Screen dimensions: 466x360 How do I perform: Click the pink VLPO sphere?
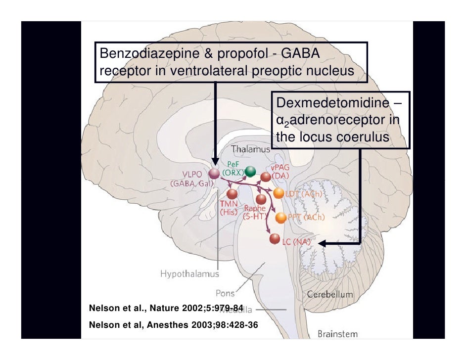click(214, 174)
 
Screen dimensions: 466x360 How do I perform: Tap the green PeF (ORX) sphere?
click(250, 172)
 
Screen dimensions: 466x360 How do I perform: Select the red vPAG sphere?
click(266, 177)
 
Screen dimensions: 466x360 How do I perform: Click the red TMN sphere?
click(232, 193)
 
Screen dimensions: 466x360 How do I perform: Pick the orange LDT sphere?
click(279, 194)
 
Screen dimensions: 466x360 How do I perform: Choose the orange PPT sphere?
click(280, 217)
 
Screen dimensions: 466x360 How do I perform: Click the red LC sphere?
click(275, 239)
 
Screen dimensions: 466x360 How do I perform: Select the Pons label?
click(225, 293)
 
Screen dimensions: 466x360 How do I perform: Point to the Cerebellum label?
click(330, 294)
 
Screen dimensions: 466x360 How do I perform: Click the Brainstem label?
click(338, 334)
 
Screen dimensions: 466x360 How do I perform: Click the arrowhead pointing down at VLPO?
click(215, 161)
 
